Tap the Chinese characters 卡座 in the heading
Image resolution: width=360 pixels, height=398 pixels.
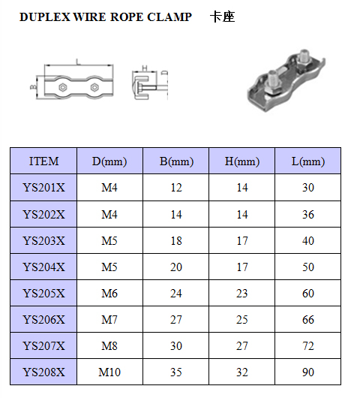pyautogui.click(x=222, y=17)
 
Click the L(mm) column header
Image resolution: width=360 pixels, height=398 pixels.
pyautogui.click(x=308, y=161)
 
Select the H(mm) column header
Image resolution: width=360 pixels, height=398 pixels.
pyautogui.click(x=242, y=161)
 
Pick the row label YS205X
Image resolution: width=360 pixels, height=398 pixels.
pyautogui.click(x=43, y=294)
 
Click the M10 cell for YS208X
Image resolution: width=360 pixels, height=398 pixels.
pyautogui.click(x=109, y=372)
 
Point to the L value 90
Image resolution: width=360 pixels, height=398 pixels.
pyautogui.click(x=308, y=372)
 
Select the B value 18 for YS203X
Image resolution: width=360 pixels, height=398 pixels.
pyautogui.click(x=176, y=241)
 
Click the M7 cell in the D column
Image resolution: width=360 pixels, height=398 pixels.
pyautogui.click(x=109, y=320)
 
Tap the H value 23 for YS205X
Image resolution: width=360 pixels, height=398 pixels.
pyautogui.click(x=242, y=294)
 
